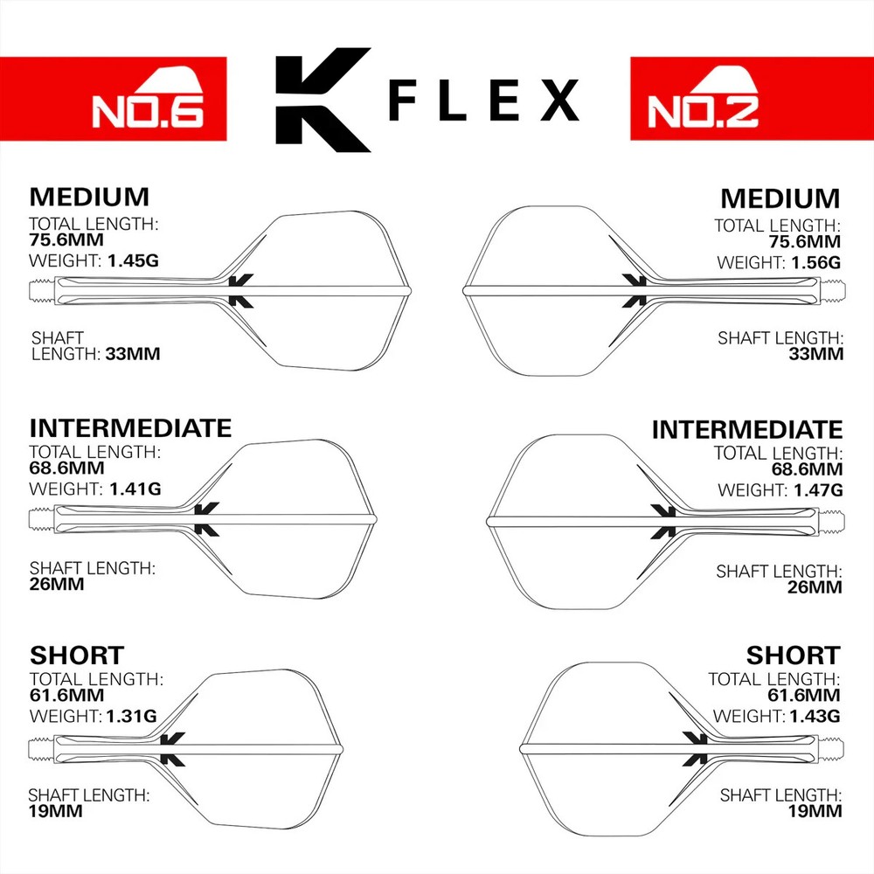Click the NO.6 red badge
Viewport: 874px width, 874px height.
point(114,99)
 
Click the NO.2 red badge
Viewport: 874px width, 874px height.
point(751,99)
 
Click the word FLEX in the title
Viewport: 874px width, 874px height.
point(484,101)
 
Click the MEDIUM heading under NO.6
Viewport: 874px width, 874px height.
point(89,196)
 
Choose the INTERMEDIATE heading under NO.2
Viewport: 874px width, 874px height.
point(747,430)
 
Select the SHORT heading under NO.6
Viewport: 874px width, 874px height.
point(77,655)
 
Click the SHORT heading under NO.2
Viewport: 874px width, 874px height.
point(793,655)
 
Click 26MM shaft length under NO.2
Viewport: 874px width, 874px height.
point(815,587)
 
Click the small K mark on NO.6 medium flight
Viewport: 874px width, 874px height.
point(240,289)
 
